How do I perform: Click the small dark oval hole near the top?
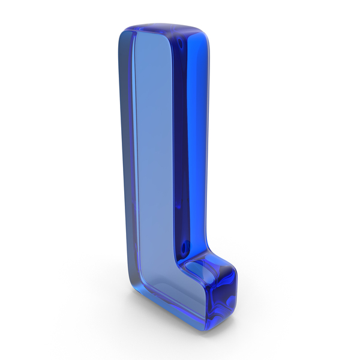click(x=180, y=43)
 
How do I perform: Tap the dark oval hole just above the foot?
click(x=184, y=247)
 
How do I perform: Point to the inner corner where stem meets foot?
click(x=179, y=266)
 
